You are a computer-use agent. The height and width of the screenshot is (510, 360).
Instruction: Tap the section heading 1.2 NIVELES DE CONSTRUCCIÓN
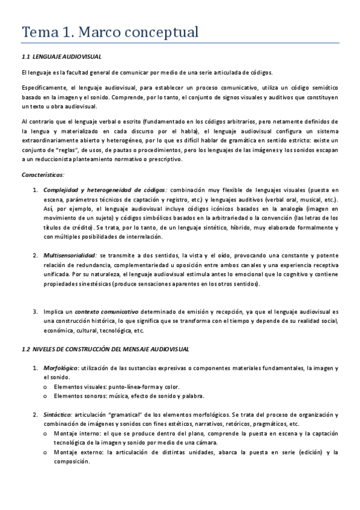(x=105, y=349)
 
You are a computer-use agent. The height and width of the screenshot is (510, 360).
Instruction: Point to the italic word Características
(x=43, y=174)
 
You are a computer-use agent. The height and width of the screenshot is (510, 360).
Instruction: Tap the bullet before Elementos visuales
(x=46, y=387)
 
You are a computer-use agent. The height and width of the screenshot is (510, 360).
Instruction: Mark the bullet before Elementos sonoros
(x=46, y=396)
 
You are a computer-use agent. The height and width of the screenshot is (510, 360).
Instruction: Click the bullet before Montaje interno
(x=46, y=434)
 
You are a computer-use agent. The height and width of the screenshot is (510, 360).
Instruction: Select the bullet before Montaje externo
(x=46, y=453)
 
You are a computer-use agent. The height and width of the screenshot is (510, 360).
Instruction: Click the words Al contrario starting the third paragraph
(x=37, y=121)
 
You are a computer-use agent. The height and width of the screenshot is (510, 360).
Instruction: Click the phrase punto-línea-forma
(x=126, y=387)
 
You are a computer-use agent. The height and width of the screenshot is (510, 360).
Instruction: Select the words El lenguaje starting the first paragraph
(x=35, y=72)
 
